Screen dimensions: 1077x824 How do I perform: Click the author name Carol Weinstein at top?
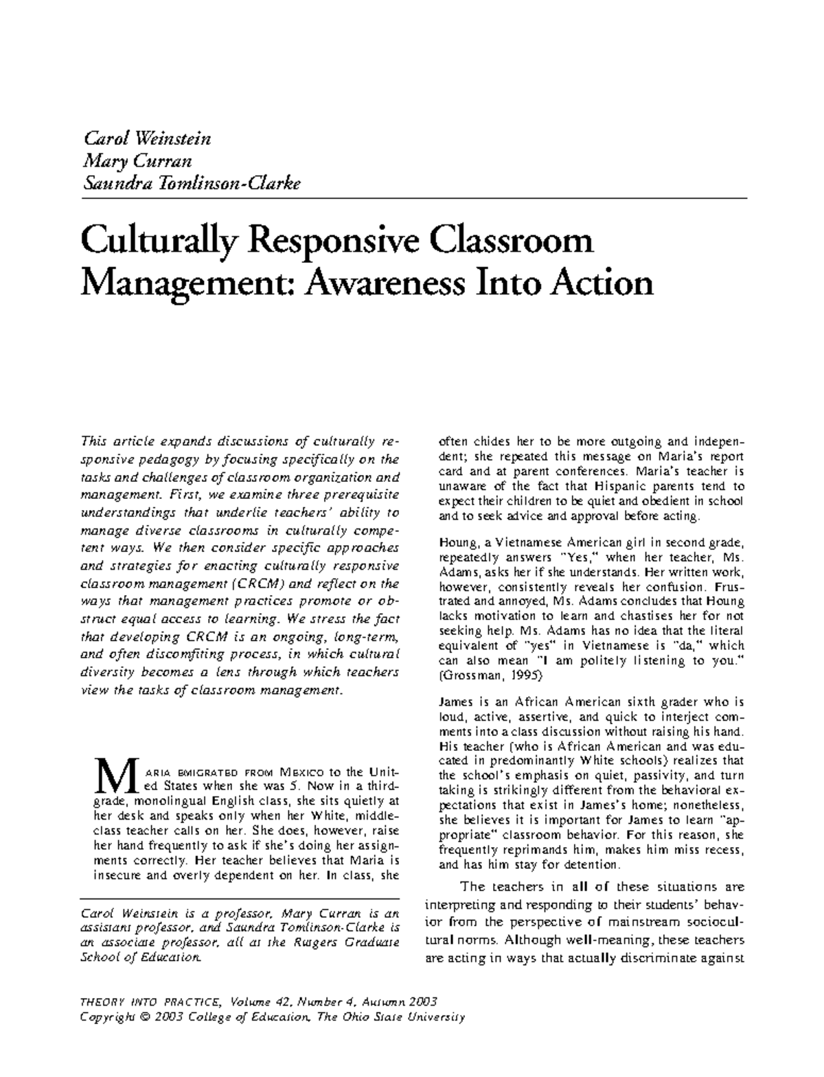(x=146, y=139)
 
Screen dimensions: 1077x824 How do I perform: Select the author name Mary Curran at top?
(x=136, y=161)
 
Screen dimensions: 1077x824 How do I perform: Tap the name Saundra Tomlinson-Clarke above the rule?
(x=191, y=184)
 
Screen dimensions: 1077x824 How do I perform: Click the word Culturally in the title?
(x=159, y=242)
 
